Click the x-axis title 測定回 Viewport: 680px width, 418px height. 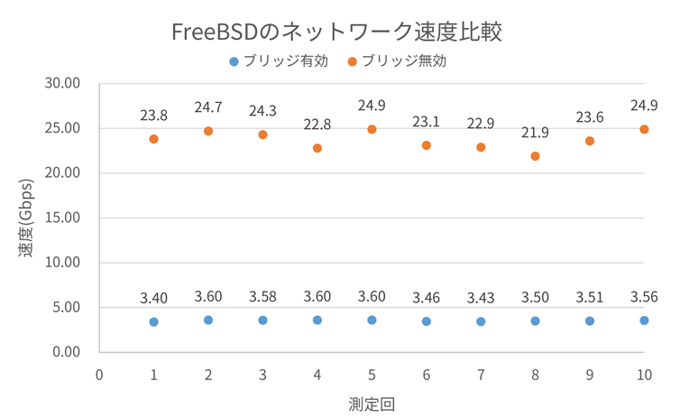click(372, 403)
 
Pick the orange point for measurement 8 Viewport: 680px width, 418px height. click(535, 156)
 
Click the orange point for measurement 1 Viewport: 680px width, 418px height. click(154, 139)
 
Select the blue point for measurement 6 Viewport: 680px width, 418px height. click(426, 321)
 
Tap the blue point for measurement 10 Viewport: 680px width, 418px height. click(644, 320)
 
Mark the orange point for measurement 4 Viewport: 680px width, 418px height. click(317, 148)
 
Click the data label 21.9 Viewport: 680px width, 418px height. click(535, 133)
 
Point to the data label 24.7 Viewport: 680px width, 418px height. click(208, 108)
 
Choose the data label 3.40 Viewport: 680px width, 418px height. click(154, 298)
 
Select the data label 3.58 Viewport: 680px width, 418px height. click(262, 296)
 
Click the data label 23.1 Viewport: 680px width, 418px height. click(426, 122)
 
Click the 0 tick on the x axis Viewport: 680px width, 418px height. click(99, 374)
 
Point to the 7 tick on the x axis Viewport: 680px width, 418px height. click(481, 374)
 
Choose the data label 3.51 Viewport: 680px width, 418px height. click(590, 297)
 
